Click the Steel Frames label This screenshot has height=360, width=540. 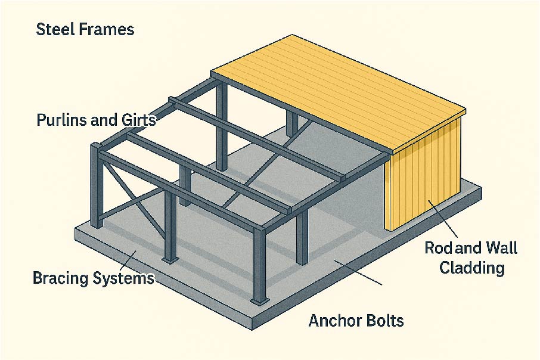point(85,30)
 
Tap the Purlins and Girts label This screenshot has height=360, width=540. point(96,120)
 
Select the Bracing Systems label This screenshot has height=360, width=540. point(94,278)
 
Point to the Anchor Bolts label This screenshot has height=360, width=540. point(356,321)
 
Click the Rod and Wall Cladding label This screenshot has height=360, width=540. point(471,257)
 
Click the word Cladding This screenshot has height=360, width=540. point(471,268)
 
